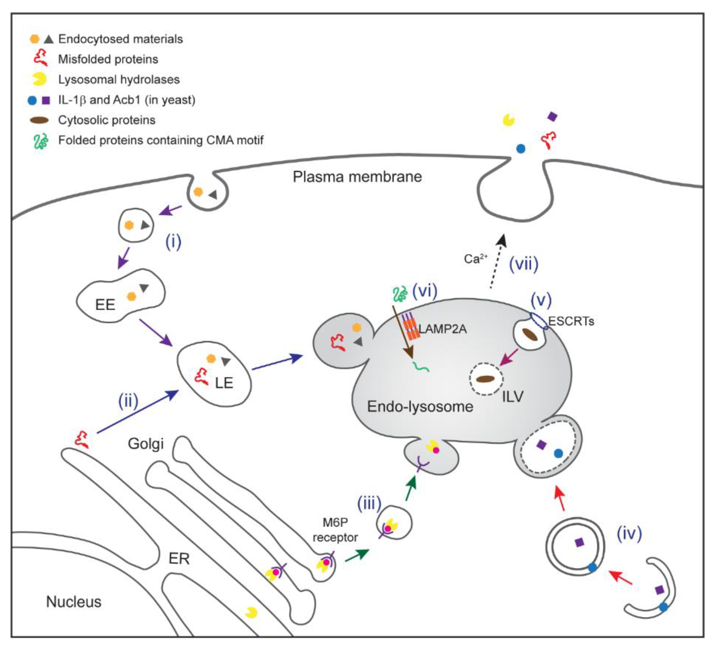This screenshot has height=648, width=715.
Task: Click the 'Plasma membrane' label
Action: (357, 177)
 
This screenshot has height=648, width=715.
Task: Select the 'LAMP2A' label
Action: (443, 329)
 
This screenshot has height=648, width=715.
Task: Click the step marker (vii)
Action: (524, 264)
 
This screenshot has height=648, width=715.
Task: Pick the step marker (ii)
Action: (128, 401)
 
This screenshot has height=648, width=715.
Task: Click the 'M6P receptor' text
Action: (335, 530)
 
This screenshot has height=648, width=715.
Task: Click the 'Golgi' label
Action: (146, 444)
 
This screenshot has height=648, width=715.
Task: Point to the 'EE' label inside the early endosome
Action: (105, 305)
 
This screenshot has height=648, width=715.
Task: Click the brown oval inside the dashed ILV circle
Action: (486, 379)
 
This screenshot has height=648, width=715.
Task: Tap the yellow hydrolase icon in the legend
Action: (39, 79)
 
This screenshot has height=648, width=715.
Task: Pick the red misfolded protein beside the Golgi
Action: (82, 440)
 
